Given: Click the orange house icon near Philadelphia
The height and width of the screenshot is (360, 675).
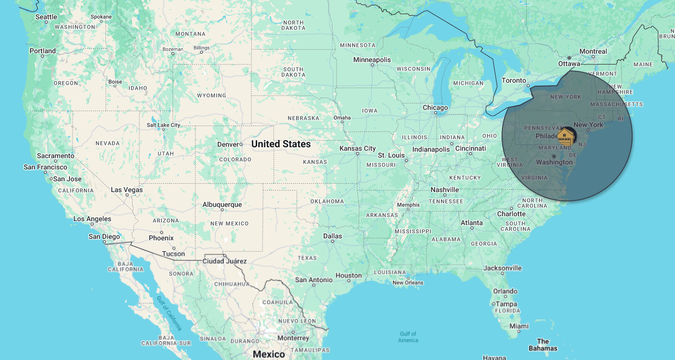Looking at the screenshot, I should click(566, 137).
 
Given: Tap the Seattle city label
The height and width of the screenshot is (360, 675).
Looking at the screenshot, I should click(46, 17).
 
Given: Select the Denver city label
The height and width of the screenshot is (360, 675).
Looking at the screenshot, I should click(228, 144).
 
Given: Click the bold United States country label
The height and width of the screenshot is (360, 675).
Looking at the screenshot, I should click(281, 144).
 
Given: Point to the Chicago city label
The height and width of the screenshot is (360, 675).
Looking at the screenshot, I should click(435, 107).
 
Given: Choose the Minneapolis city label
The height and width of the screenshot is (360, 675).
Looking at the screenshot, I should click(372, 60).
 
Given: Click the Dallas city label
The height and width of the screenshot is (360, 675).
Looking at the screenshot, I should click(333, 236).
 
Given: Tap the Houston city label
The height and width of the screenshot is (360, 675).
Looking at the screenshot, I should click(349, 276).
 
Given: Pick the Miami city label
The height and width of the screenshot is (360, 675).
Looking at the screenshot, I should click(519, 326).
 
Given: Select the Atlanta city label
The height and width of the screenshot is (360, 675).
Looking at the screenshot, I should click(472, 223).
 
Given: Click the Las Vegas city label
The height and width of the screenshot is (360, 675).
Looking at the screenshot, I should click(127, 190).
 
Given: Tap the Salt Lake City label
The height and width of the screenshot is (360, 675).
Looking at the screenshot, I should click(164, 125).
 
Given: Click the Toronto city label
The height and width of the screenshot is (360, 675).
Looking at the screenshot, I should click(514, 80).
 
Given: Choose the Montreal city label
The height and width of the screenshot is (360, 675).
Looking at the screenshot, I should click(593, 51).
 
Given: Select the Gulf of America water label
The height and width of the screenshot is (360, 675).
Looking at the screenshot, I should click(408, 337).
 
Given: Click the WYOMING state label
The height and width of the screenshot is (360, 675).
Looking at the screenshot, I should click(211, 96).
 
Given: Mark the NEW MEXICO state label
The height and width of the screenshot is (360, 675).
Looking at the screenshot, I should click(229, 224).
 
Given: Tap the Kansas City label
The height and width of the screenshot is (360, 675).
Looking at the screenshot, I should click(358, 148).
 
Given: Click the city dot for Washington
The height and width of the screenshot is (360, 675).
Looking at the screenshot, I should click(554, 157).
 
